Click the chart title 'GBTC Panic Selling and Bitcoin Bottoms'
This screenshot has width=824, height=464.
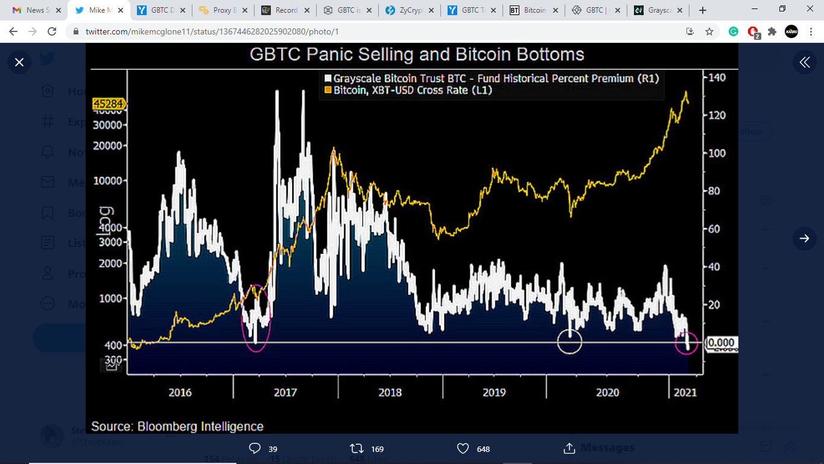click(417, 54)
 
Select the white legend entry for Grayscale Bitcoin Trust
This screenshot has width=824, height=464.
click(492, 79)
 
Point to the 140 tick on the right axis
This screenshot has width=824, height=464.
click(717, 78)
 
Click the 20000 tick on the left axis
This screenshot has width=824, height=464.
click(109, 146)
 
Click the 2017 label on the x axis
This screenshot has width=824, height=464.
click(285, 393)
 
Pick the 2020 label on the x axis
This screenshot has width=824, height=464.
click(607, 393)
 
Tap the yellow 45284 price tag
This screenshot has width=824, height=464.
click(109, 105)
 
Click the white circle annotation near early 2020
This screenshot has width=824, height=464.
click(569, 341)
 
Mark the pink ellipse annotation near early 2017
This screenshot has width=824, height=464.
click(256, 318)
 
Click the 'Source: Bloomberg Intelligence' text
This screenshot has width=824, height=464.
click(177, 426)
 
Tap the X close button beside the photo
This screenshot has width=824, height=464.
click(19, 62)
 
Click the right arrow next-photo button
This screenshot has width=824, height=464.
click(804, 239)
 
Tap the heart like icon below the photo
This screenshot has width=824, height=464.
click(463, 448)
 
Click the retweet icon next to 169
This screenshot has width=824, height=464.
click(357, 448)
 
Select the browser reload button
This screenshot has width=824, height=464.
click(52, 32)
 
